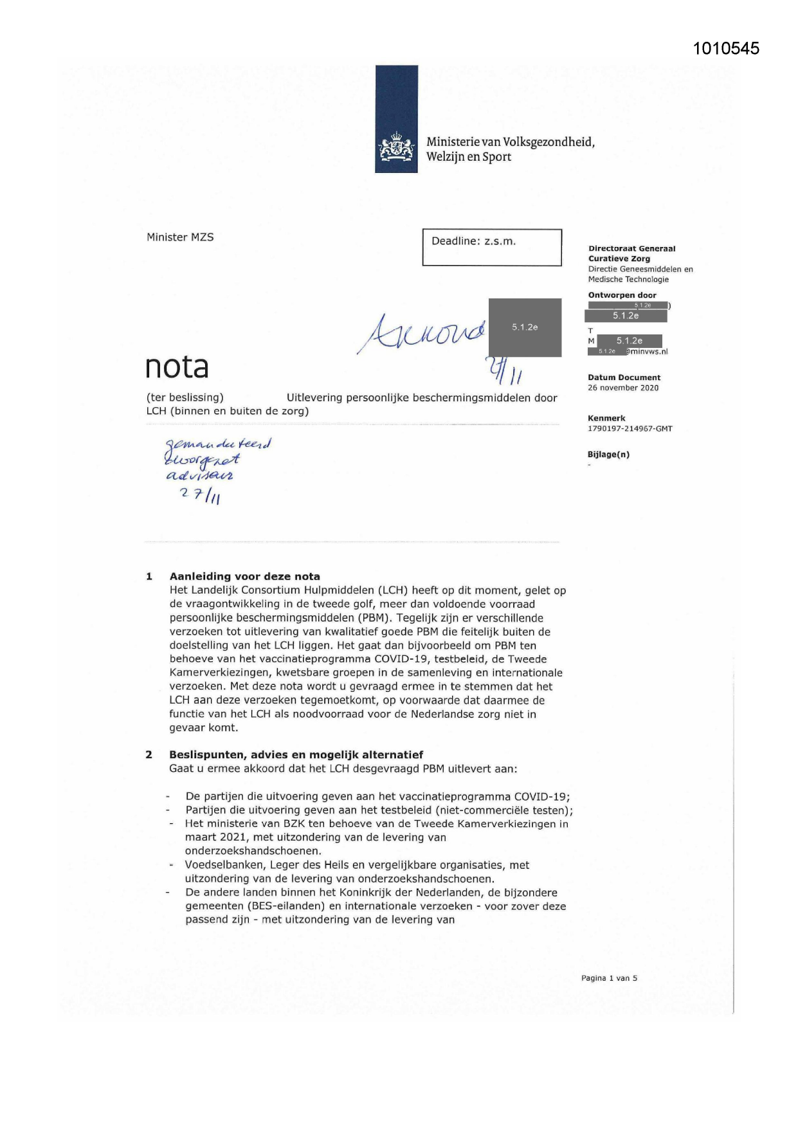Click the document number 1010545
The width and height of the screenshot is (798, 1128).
click(726, 49)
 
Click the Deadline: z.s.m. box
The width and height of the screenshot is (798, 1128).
click(492, 247)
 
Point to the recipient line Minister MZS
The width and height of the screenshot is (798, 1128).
click(180, 237)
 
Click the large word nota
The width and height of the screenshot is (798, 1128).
click(177, 367)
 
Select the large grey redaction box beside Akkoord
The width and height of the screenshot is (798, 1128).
click(525, 327)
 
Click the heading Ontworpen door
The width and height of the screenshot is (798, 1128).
click(622, 295)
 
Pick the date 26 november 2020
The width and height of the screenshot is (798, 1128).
click(622, 388)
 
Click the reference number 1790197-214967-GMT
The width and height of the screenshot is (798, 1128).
click(630, 429)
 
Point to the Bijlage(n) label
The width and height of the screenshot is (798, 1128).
click(608, 455)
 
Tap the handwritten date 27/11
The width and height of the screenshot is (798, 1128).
click(201, 495)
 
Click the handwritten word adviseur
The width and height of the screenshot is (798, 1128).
click(200, 476)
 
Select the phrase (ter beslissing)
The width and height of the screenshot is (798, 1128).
click(185, 397)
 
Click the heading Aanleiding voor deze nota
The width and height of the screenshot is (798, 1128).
click(244, 576)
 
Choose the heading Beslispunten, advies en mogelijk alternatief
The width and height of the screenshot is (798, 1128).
click(296, 754)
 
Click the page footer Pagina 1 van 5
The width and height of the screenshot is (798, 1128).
click(609, 978)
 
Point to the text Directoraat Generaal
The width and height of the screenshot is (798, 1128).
click(631, 249)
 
